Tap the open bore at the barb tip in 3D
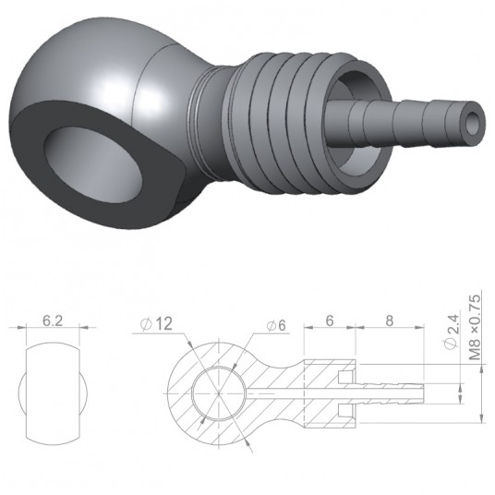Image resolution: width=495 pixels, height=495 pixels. coord(474,122)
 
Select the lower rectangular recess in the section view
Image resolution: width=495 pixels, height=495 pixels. coord(344,408)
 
